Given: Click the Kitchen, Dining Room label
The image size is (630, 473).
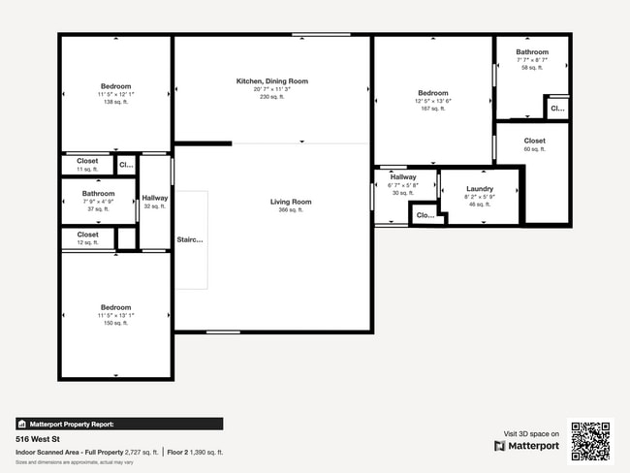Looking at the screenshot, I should tap(272, 81).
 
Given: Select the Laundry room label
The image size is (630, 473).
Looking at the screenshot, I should tap(480, 189).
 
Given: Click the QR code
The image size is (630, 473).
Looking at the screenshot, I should tap(590, 441).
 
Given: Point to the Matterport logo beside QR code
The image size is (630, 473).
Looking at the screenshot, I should tap(526, 446).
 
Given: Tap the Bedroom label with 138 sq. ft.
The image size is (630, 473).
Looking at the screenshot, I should tap(115, 86).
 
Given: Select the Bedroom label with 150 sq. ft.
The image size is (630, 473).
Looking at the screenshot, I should tap(115, 308).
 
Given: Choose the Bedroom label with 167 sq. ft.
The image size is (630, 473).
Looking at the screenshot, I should tap(432, 93).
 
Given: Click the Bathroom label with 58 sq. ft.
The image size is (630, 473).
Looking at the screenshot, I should tap(531, 52).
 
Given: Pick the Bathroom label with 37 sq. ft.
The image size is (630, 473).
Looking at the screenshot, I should tap(98, 194).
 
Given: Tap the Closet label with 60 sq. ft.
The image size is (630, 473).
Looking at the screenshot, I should tap(534, 142).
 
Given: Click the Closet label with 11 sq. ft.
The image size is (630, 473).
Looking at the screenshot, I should tap(87, 161).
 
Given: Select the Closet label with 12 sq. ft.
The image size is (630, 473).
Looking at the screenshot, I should tap(87, 235).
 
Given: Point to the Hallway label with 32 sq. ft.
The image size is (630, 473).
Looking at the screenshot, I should tap(155, 198).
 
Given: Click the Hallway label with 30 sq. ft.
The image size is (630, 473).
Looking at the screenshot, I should tap(403, 177).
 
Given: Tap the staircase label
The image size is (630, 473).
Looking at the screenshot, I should tap(189, 239).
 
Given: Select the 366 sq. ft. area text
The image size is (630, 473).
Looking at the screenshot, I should tap(291, 209).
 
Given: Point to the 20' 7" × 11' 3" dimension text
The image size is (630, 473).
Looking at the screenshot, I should tap(272, 89).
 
